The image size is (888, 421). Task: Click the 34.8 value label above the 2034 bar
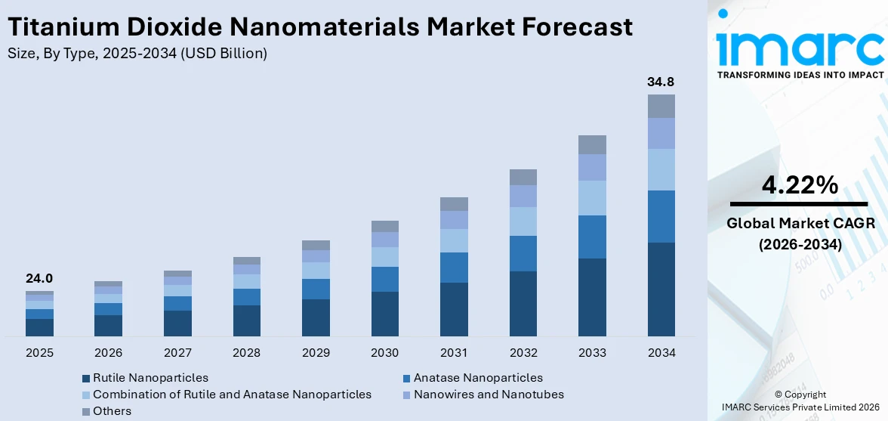(661, 82)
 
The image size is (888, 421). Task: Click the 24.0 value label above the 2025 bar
(39, 278)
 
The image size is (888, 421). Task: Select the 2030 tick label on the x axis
(385, 353)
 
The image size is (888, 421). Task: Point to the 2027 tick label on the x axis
(177, 353)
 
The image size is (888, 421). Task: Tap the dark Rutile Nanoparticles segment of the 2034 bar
(661, 289)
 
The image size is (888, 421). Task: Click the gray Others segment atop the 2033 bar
(592, 144)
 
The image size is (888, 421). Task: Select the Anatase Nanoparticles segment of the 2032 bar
(523, 253)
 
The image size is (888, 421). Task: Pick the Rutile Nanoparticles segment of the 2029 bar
(316, 317)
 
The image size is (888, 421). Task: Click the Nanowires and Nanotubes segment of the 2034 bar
(661, 133)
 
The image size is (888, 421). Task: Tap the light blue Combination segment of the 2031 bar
(454, 240)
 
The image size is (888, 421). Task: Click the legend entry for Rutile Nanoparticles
(144, 378)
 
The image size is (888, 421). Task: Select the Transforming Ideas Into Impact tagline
(800, 75)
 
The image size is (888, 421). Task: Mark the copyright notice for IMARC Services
(800, 401)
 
